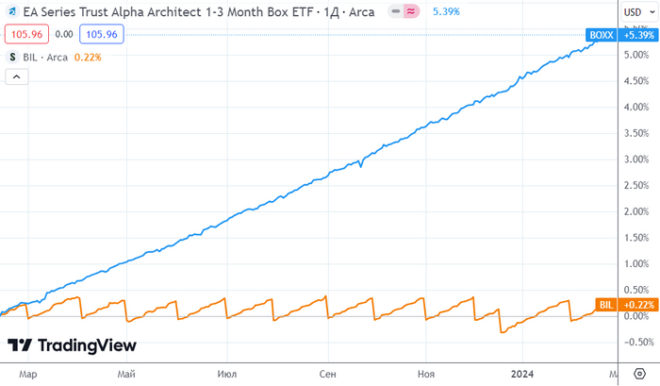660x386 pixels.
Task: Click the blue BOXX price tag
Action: click(x=600, y=35)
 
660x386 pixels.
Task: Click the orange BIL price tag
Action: click(x=605, y=305)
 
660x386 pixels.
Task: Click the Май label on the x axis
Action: click(x=126, y=374)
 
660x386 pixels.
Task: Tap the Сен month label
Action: click(x=327, y=374)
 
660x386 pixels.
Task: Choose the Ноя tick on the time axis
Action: click(x=426, y=374)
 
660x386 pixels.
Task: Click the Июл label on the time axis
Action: click(x=226, y=374)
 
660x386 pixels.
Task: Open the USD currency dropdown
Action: click(x=636, y=11)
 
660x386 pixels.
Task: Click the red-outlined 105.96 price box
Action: click(x=25, y=33)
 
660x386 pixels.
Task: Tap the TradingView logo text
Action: click(x=86, y=345)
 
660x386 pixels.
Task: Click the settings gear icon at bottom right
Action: click(x=637, y=374)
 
